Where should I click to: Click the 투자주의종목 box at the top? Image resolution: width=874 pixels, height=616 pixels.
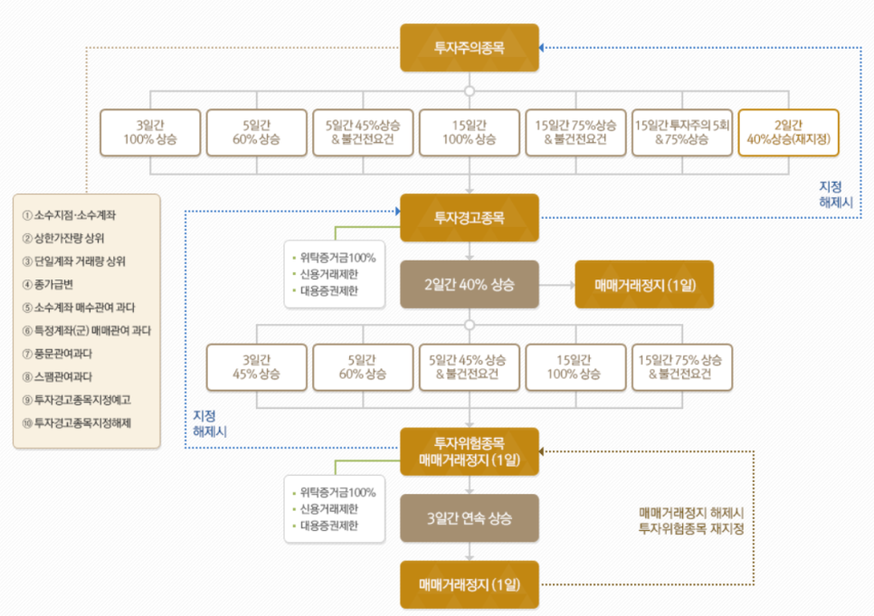470,48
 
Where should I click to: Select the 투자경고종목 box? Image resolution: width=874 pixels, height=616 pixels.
470,218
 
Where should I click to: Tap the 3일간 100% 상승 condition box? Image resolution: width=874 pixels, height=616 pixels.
150,132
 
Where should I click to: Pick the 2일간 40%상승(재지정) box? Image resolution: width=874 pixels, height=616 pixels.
789,132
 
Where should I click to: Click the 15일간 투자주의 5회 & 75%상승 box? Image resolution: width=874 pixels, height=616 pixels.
683,132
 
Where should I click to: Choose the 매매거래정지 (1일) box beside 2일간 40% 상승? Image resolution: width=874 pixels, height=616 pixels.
644,284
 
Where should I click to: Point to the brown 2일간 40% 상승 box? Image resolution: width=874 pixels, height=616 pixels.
470,284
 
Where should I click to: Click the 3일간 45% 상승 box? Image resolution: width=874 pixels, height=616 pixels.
257,366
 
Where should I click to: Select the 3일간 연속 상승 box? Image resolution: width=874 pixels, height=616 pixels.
470,518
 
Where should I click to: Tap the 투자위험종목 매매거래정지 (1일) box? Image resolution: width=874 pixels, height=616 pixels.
470,451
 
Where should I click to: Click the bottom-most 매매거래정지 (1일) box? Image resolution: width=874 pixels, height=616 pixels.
470,584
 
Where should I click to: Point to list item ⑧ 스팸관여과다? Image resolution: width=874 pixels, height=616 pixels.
70,376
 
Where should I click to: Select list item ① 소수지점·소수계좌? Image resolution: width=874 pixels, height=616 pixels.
75,215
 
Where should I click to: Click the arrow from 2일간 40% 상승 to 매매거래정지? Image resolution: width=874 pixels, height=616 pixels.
557,284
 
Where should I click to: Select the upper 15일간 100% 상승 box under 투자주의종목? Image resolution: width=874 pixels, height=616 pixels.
470,132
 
